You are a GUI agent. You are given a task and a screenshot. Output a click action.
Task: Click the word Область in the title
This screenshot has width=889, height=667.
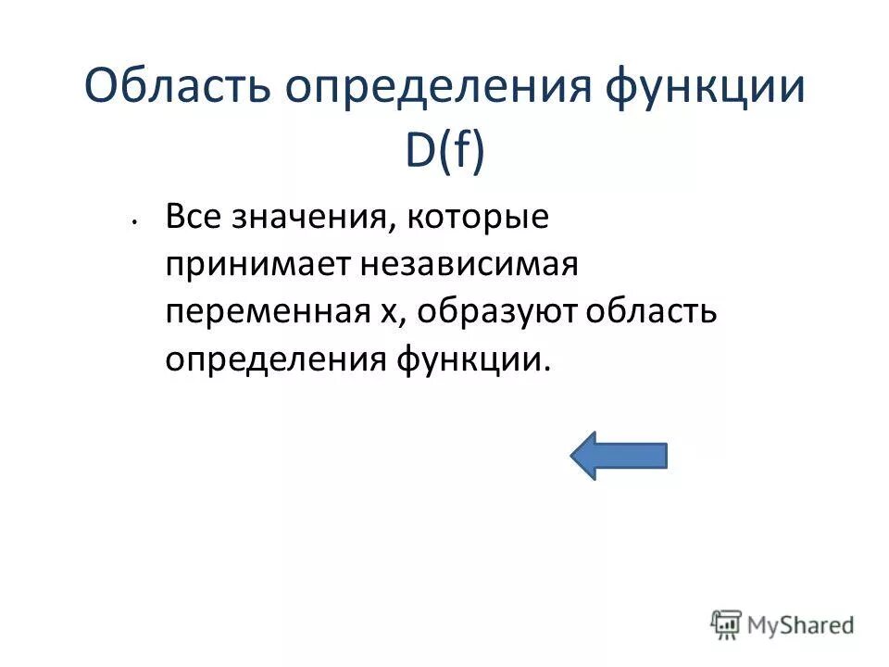click(x=176, y=89)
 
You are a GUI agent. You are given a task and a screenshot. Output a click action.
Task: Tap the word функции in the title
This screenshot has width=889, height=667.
click(x=706, y=89)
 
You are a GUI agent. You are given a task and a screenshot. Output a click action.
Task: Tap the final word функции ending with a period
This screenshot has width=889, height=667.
click(x=474, y=359)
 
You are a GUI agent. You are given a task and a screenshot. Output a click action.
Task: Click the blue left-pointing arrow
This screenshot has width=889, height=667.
click(x=619, y=455)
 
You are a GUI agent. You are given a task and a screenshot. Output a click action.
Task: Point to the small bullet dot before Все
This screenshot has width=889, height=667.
click(x=134, y=222)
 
